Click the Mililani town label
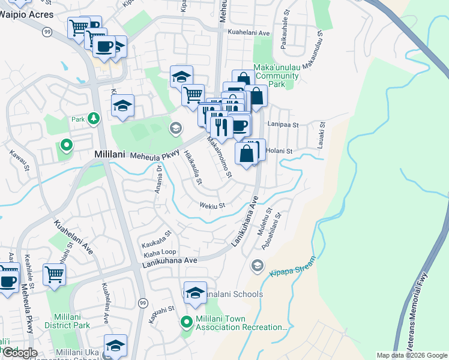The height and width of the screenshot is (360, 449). tap(109, 154)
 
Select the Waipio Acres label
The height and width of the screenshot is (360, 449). tap(26, 14)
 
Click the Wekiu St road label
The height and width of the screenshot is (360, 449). tap(212, 206)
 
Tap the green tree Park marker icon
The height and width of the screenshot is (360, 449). tap(94, 118)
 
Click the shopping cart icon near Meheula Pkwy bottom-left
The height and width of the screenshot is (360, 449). tap(54, 274)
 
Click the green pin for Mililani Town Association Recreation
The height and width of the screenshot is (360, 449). tap(187, 322)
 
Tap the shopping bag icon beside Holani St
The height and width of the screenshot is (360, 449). tap(247, 154)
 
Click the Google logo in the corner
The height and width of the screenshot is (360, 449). tap(19, 353)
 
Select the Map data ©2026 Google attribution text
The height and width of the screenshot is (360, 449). tap(412, 355)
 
